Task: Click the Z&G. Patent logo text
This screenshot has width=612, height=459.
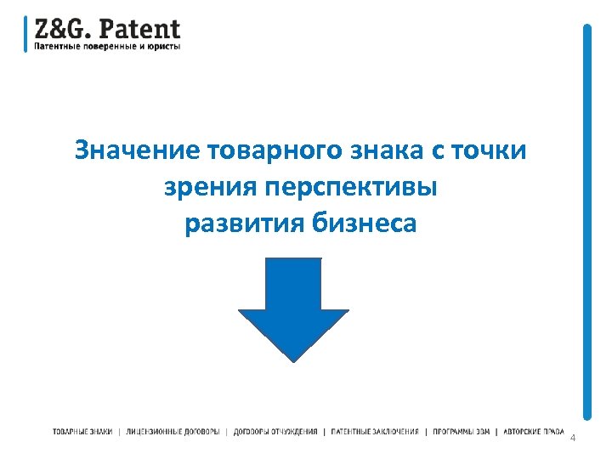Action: click(107, 29)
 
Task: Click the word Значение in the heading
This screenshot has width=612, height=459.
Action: click(138, 150)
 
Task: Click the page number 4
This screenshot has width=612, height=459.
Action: click(573, 437)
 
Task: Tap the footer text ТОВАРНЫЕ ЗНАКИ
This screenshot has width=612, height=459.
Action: click(82, 432)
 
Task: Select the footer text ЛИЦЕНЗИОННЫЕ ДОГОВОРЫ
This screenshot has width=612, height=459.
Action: click(172, 432)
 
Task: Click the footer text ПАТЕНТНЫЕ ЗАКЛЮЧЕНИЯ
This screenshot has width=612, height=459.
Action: click(375, 432)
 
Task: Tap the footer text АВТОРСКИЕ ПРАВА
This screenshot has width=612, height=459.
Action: click(534, 432)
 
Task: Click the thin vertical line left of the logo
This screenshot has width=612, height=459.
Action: click(25, 34)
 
